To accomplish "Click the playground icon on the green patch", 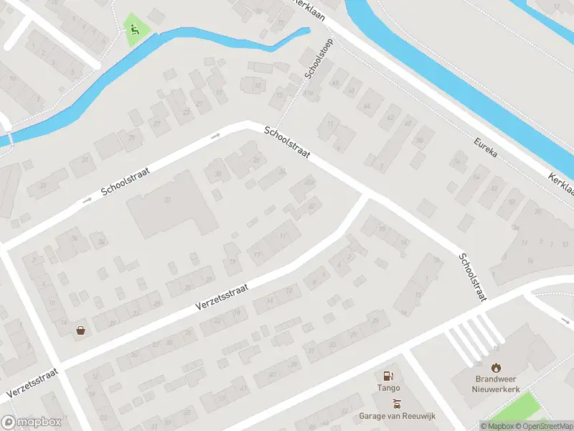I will pyautogui.click(x=134, y=29).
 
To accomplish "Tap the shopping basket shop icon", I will pyautogui.click(x=81, y=330).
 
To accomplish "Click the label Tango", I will pyautogui.click(x=388, y=389).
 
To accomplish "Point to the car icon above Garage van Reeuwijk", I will pyautogui.click(x=397, y=404).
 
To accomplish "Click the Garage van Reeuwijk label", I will pyautogui.click(x=397, y=416).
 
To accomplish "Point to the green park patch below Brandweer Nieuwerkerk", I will pyautogui.click(x=517, y=409).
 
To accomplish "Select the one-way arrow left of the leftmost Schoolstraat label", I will pyautogui.click(x=87, y=200).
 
